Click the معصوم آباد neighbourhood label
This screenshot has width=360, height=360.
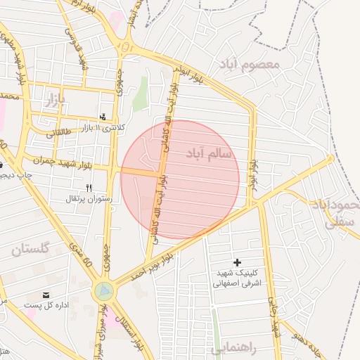pos(250,65)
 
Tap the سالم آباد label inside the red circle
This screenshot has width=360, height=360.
pos(212,153)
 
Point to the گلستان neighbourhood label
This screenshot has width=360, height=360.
pos(31,249)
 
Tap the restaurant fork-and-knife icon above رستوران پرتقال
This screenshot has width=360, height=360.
pos(89,188)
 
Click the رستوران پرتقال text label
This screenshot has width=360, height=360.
pos(85,200)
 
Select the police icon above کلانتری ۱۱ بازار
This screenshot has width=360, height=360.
pos(104,117)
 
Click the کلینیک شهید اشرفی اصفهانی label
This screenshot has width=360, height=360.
pos(236,278)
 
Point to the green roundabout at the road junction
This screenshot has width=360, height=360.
pos(104,289)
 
